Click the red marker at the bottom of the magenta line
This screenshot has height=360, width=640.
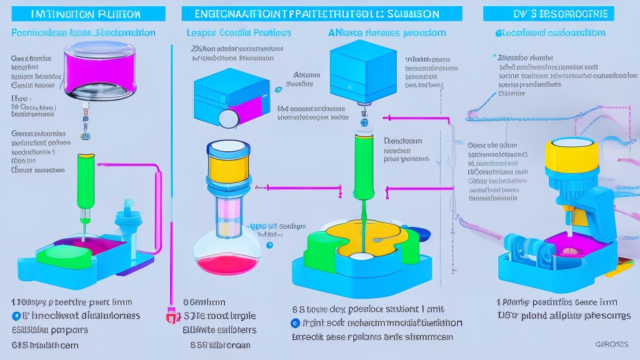169,316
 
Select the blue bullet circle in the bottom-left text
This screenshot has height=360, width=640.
17,316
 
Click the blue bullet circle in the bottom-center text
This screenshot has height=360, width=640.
294,323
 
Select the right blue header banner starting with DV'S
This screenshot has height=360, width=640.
561,13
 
